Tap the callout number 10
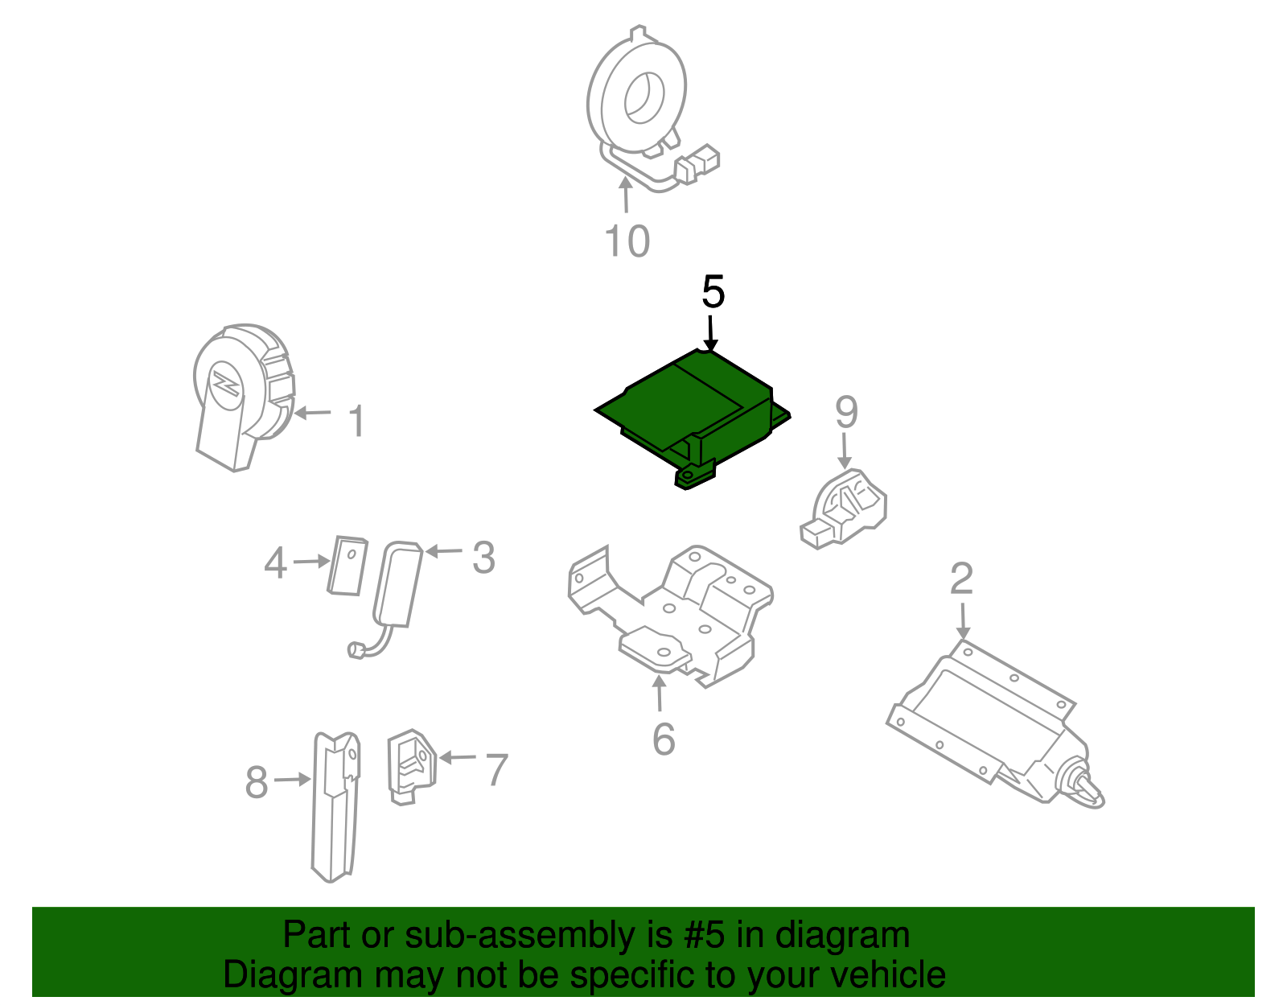pos(627,241)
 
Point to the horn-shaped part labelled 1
pos(243,396)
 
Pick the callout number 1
pos(356,421)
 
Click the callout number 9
pos(846,412)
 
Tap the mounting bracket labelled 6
pos(669,616)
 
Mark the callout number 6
pos(664,739)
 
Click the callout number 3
pos(484,558)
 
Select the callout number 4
pos(275,562)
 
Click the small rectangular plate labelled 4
pos(347,566)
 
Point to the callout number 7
pos(496,769)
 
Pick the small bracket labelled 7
pos(412,766)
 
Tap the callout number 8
pos(257,782)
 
